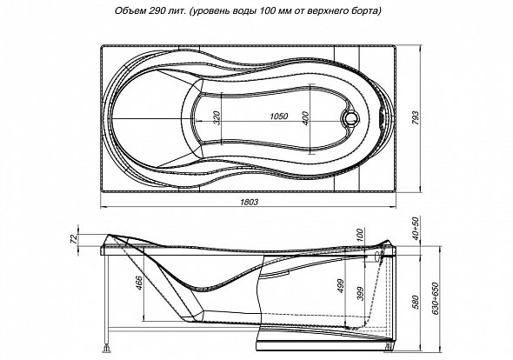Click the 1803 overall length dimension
(x=250, y=202)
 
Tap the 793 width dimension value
(x=415, y=118)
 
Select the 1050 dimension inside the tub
(x=279, y=117)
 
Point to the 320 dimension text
(x=217, y=117)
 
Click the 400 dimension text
(x=305, y=118)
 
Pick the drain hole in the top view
(x=350, y=117)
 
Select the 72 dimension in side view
(x=75, y=239)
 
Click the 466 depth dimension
(x=139, y=283)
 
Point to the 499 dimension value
(x=341, y=286)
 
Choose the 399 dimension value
(x=360, y=294)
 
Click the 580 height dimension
(x=415, y=303)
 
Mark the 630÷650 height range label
(x=436, y=298)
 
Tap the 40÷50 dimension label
(x=415, y=228)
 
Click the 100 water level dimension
(x=359, y=236)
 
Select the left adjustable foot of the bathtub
(x=107, y=348)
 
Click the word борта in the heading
(x=369, y=11)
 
